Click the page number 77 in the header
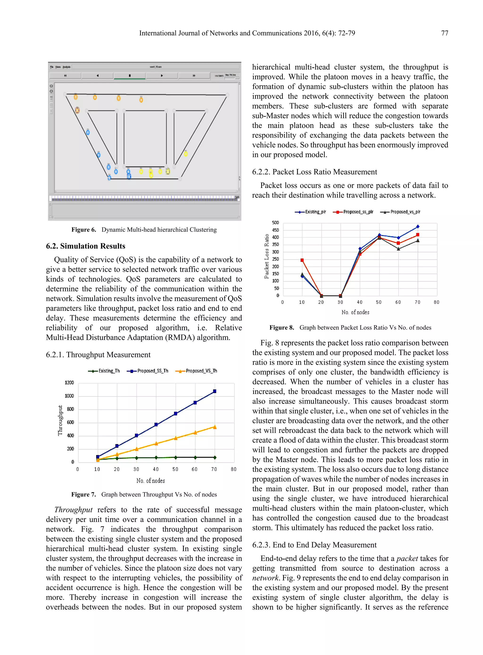(x=444, y=33)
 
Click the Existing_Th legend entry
(x=104, y=371)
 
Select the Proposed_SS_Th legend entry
(x=148, y=371)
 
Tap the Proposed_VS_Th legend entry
(x=196, y=371)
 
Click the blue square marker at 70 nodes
(x=215, y=391)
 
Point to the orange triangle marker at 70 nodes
(x=215, y=427)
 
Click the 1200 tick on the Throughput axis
(x=69, y=383)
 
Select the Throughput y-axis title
(x=60, y=420)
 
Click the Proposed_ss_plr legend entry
(x=353, y=212)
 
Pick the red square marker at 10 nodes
(x=302, y=260)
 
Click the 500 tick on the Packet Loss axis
(x=275, y=223)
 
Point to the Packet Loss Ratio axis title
(x=266, y=256)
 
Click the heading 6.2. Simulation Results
(x=85, y=246)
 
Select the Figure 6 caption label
(x=84, y=230)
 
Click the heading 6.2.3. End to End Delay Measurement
(x=314, y=545)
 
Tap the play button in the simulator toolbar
(x=162, y=76)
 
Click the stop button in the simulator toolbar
(x=129, y=76)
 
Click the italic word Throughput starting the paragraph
(x=73, y=510)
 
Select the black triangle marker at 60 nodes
(x=398, y=249)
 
